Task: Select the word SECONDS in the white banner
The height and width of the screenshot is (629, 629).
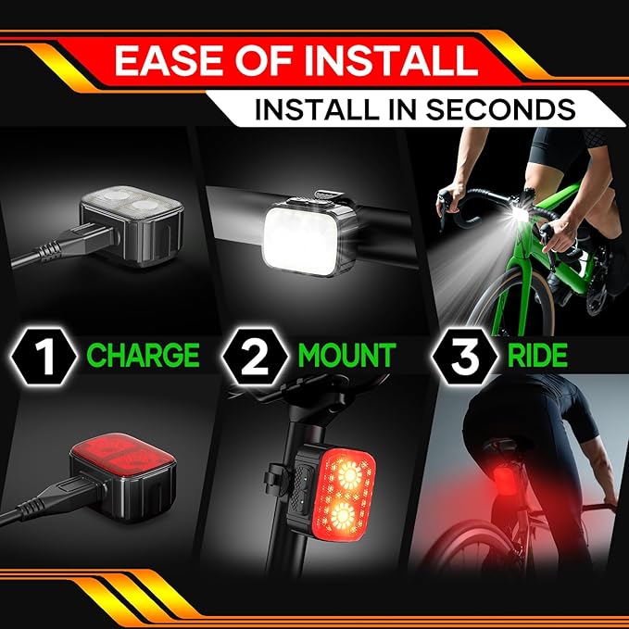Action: (x=500, y=109)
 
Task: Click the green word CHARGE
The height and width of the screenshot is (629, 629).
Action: (x=144, y=355)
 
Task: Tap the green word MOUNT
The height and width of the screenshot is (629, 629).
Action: (x=347, y=355)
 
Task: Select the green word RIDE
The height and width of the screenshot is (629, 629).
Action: (x=537, y=355)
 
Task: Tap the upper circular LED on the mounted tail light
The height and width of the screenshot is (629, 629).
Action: (x=350, y=475)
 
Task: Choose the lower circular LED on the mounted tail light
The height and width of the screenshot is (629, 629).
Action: (x=344, y=516)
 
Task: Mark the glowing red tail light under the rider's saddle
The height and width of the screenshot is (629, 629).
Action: (x=504, y=482)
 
